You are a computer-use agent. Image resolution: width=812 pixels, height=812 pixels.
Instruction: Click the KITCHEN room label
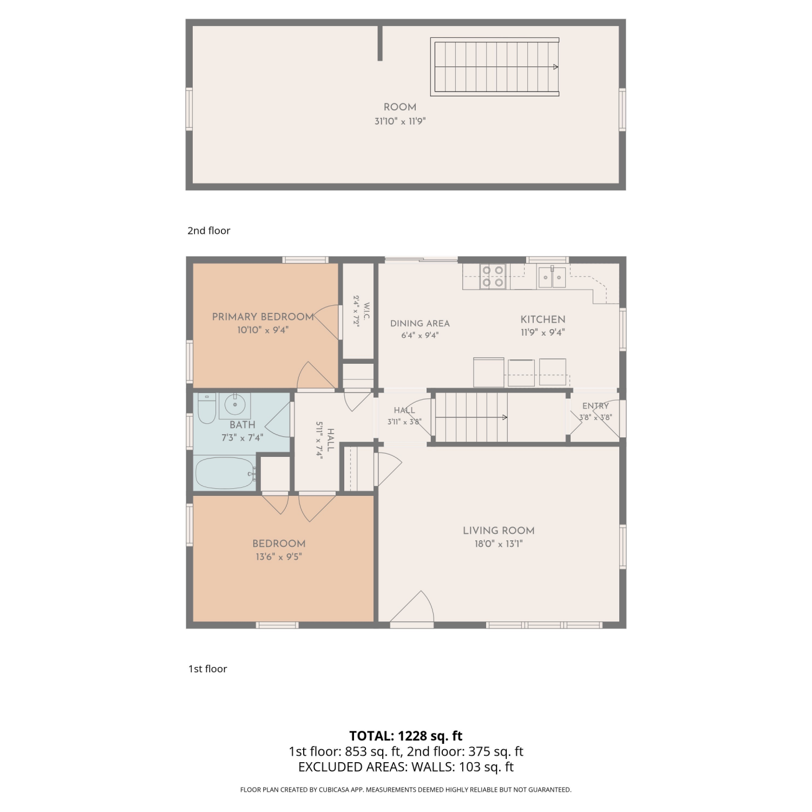point(543,319)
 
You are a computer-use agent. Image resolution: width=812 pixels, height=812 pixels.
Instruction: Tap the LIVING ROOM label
point(499,531)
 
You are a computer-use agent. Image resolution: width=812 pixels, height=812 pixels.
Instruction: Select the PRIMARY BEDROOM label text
point(263,317)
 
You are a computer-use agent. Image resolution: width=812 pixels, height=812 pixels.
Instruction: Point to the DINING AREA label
point(420,323)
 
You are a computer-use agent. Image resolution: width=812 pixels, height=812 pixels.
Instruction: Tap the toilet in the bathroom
point(206,409)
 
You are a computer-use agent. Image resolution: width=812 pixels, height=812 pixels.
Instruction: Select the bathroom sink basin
point(234,404)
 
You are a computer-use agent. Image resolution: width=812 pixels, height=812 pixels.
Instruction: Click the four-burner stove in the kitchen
point(493,276)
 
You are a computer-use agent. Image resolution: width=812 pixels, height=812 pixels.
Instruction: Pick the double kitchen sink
point(552,277)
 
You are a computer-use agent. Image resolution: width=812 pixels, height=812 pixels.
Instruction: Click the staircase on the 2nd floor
point(495,67)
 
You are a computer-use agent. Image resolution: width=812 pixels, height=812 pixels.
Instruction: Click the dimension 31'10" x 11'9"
point(400,121)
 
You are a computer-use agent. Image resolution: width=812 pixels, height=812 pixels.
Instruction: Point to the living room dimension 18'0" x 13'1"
point(499,544)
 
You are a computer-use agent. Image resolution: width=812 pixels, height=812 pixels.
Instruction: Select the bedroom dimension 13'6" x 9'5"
point(279,556)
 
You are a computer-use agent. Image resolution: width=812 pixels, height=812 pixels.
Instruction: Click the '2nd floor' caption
point(209,231)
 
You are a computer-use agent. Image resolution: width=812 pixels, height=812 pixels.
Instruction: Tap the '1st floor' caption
point(208,669)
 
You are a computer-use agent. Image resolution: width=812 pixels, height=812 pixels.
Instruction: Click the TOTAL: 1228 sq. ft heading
point(406,736)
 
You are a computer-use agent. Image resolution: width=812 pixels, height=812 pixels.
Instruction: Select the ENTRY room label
point(595,406)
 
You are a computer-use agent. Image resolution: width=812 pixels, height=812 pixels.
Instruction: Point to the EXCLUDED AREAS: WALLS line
point(406,767)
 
